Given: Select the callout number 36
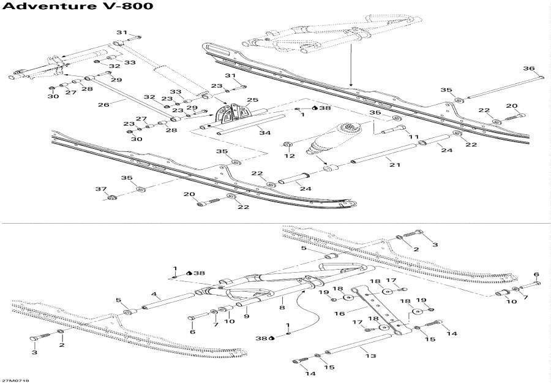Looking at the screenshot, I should coord(528,68).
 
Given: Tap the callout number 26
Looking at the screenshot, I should coord(103,104).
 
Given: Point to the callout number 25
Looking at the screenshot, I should coord(252,99).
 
